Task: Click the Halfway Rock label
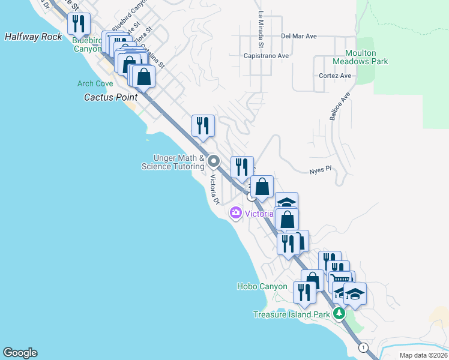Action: click(34, 37)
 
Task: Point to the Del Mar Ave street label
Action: click(298, 36)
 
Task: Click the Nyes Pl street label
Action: click(321, 170)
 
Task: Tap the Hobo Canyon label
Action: click(262, 286)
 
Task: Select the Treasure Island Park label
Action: click(291, 314)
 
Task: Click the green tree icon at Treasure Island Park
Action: click(339, 313)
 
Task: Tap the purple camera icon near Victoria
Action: click(235, 212)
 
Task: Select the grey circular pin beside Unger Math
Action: click(213, 161)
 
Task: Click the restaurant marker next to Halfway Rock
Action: click(79, 25)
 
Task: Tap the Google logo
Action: click(20, 353)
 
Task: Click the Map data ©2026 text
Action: click(423, 355)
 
